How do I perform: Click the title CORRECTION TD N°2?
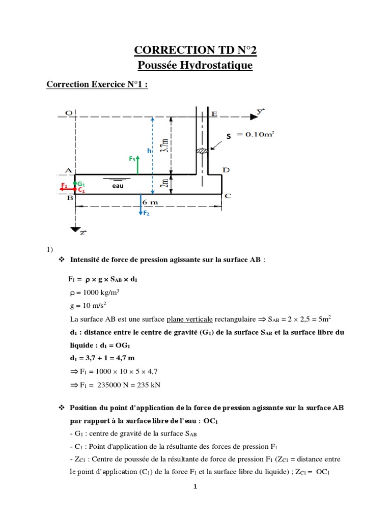coord(195,49)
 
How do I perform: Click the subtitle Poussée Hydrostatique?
coord(195,65)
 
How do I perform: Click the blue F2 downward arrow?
coord(141,206)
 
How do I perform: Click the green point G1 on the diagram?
coord(75,184)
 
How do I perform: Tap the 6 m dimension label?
coord(150,201)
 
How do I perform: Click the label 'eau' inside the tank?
coord(119,187)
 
